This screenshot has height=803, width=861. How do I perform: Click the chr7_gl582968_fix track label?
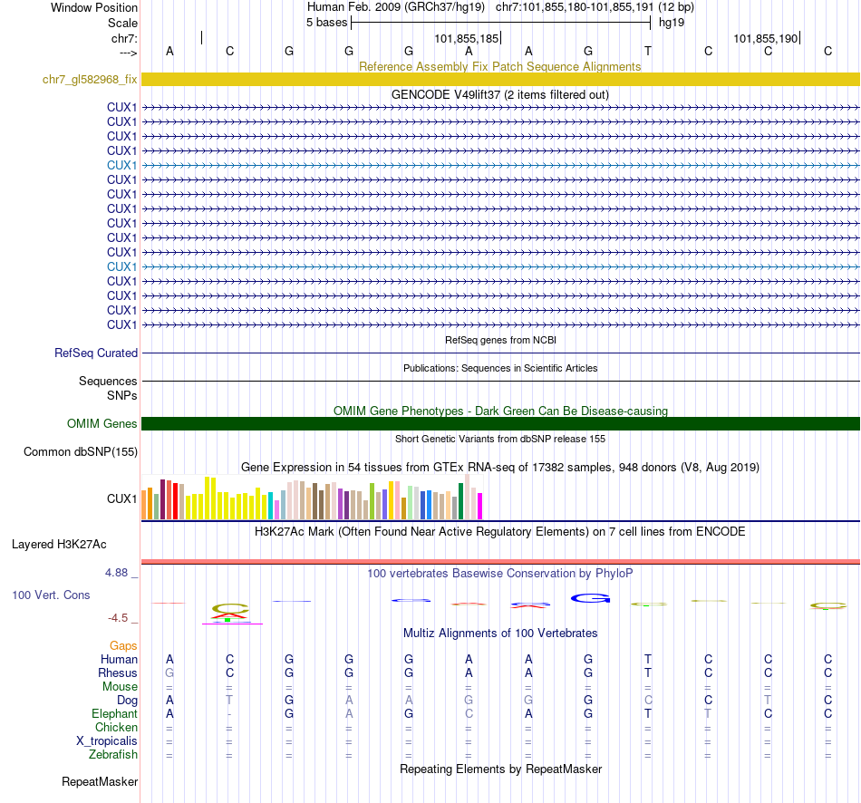click(x=90, y=79)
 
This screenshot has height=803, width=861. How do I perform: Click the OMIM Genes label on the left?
click(x=102, y=424)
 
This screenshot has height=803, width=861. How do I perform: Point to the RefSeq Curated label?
click(x=96, y=353)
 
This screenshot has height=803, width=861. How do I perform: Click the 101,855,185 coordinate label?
click(x=467, y=39)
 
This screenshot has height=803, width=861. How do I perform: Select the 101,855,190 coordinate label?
click(x=766, y=39)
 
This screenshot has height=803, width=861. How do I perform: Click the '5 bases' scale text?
click(x=327, y=23)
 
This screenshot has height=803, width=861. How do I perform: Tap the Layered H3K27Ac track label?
click(x=59, y=545)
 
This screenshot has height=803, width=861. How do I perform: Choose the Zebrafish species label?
click(x=113, y=755)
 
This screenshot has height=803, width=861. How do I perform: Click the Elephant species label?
click(x=114, y=714)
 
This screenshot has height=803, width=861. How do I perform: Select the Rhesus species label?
click(x=118, y=673)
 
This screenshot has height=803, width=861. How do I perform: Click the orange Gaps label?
click(x=123, y=645)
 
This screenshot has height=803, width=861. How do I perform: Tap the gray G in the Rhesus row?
click(x=169, y=673)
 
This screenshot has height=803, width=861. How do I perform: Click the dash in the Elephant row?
click(x=229, y=714)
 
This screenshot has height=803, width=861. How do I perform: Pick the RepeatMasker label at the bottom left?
click(x=100, y=781)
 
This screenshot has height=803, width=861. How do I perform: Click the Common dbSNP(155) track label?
click(x=81, y=452)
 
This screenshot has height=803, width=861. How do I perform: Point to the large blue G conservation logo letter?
click(x=590, y=598)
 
